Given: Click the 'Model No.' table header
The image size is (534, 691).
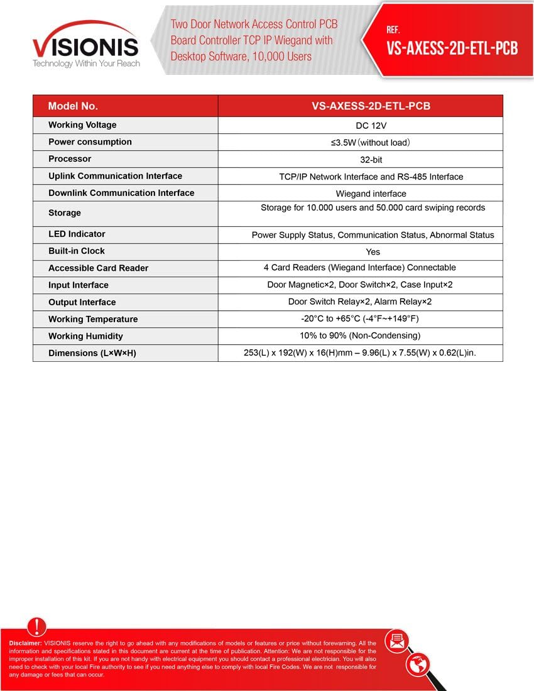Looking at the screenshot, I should [x=73, y=106].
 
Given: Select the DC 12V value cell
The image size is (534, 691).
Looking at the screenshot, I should [x=371, y=126].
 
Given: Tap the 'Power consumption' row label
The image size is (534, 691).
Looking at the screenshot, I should [x=90, y=142].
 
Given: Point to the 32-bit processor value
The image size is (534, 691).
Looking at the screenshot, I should [x=371, y=160].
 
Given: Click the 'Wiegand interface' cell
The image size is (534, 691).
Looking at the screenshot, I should [x=371, y=193].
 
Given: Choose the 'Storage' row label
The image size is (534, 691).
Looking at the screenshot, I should [x=65, y=213].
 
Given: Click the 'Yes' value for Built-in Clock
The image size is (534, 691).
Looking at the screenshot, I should [x=373, y=251].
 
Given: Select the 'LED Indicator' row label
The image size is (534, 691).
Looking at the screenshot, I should [x=77, y=234].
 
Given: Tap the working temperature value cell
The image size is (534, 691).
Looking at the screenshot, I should [x=368, y=318].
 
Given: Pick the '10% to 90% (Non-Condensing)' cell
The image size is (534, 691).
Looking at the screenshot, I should [x=360, y=335].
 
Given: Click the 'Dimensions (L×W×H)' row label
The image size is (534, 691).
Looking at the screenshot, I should [x=92, y=353].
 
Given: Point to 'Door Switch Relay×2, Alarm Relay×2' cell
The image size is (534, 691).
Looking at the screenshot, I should [x=360, y=302].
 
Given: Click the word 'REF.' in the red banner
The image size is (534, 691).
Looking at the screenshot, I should [x=394, y=30].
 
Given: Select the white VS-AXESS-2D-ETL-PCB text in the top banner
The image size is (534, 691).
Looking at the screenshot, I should [x=452, y=49].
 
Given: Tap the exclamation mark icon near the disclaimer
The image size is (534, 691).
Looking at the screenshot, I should [x=37, y=626].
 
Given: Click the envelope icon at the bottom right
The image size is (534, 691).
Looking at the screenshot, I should [x=397, y=641].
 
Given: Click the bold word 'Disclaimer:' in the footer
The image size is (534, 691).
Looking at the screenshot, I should [x=26, y=643].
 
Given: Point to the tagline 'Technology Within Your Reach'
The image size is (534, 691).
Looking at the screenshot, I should [x=86, y=63].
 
